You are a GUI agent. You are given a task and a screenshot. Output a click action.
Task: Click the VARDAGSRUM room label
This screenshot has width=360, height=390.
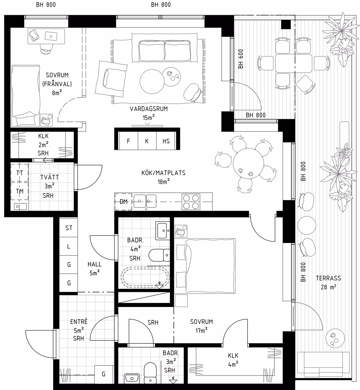pos(149,109)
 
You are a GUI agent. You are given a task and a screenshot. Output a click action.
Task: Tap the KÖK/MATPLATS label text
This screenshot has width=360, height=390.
pos(163,173)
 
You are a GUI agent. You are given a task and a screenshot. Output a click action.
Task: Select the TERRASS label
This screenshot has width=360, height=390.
pos(329,278)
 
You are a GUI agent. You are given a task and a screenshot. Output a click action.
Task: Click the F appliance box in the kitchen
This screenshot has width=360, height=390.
pos(128,141)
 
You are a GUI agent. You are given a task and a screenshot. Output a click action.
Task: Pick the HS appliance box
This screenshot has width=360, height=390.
pos(166,141)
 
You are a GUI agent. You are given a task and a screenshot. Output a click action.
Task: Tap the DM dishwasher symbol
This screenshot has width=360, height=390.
pos(123,201)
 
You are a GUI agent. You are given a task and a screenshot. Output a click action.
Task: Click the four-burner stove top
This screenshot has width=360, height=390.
pos(191,201)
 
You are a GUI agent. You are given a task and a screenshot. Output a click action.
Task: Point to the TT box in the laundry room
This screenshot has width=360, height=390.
pos(20,173)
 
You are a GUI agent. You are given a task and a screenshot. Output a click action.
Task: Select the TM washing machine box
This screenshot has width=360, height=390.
pos(20,191)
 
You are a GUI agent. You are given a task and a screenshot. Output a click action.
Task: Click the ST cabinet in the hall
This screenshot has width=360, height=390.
pos(69,227)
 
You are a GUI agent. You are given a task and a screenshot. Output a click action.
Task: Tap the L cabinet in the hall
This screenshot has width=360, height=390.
pos(69,246)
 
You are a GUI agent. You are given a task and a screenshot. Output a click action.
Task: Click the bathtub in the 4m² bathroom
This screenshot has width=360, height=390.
pos(145,277)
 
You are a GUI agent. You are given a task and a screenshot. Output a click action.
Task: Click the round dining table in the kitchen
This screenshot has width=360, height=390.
pos(248,163)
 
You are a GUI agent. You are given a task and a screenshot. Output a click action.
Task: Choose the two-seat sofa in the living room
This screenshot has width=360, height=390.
pos(164,48)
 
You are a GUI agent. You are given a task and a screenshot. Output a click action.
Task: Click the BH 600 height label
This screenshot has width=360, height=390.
pos(240,59)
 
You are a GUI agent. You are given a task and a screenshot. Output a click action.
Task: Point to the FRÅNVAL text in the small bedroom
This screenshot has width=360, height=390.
pos(57,84)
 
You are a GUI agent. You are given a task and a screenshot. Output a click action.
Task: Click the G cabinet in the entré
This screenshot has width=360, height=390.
pos(104,374)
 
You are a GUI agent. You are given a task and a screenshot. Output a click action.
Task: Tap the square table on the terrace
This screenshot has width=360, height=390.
pos(293,63)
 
